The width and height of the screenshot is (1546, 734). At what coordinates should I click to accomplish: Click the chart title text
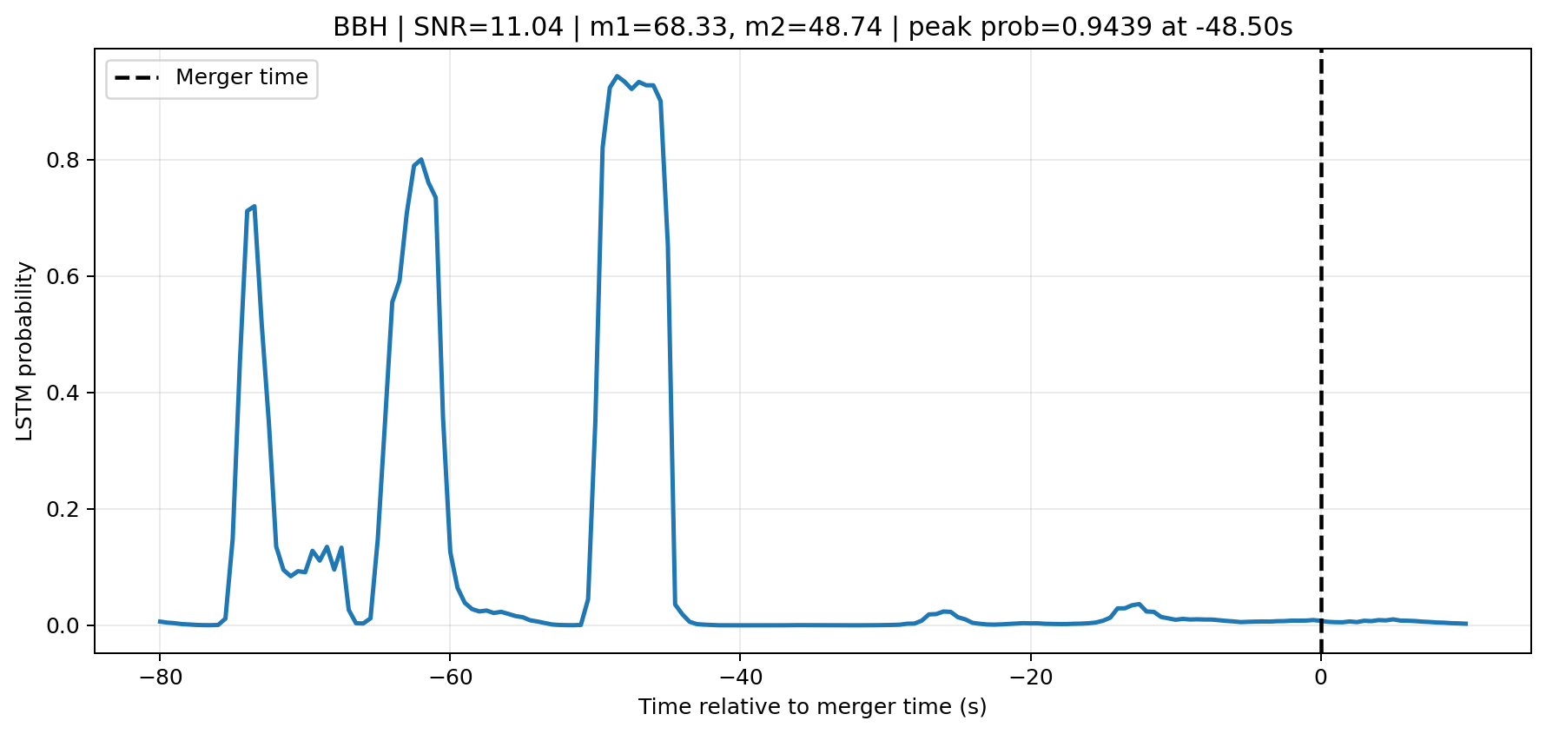click(813, 27)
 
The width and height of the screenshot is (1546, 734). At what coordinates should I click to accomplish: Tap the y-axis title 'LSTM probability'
click(25, 351)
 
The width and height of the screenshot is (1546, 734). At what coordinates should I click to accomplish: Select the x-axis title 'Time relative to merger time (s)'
click(813, 707)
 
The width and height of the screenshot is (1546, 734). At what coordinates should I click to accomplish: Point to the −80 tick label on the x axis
click(159, 678)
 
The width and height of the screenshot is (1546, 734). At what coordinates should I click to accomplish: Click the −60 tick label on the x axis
click(449, 678)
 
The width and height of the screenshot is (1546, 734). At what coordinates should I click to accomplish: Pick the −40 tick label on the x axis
click(739, 678)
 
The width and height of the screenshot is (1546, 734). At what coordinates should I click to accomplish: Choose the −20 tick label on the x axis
click(1029, 678)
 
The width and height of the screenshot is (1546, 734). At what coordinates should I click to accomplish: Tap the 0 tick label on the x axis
click(1320, 678)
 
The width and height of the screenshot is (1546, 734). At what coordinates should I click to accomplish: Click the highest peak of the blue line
click(617, 76)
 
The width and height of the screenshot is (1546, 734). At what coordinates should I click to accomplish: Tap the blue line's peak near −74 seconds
click(254, 206)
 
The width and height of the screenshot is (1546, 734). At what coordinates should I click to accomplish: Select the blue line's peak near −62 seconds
click(420, 160)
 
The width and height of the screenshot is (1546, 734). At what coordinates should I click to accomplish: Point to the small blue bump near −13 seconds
click(1139, 604)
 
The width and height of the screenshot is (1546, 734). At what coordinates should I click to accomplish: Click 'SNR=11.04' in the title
click(488, 27)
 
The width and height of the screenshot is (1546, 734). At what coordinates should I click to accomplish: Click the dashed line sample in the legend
click(137, 77)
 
